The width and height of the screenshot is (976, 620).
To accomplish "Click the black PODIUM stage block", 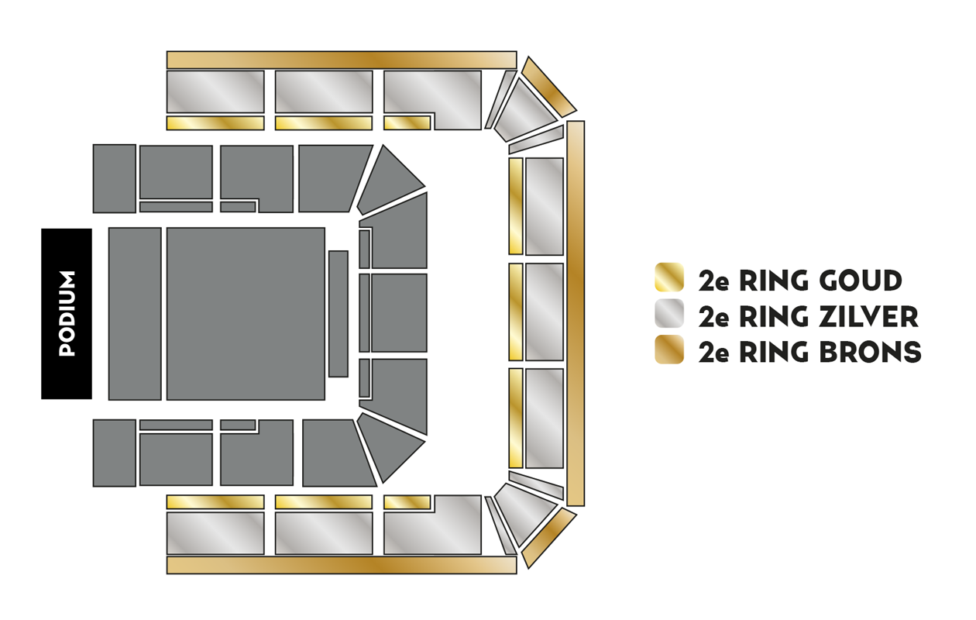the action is point(67,314).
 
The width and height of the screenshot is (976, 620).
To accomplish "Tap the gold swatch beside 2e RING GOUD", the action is point(669,277).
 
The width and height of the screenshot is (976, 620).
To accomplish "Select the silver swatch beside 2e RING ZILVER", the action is point(669,313).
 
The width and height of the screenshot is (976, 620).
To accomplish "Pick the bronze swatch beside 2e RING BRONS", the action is point(669,350).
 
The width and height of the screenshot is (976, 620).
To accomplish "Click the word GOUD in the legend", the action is point(861,281).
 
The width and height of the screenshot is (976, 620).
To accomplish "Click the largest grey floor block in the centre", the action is point(246,314).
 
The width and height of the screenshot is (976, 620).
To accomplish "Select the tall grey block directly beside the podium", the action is point(135,314).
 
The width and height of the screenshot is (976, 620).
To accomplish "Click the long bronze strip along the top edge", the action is point(342,60).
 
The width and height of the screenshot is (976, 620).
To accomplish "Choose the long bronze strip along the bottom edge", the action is point(342,565).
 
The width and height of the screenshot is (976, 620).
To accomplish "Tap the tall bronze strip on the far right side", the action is point(576,314).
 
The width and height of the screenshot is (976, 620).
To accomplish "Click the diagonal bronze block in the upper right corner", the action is point(549,88).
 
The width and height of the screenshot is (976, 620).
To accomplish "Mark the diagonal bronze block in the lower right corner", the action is point(549,538).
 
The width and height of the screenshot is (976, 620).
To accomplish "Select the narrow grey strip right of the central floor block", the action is point(339,314).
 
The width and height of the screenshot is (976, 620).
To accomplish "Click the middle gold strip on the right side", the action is point(516,312).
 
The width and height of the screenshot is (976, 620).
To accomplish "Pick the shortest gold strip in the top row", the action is point(407,123).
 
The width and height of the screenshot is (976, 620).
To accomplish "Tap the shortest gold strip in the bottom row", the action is point(407,502).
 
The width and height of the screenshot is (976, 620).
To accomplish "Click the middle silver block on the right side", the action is point(545,312).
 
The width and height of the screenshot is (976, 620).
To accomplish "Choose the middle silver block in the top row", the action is point(324,91).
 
